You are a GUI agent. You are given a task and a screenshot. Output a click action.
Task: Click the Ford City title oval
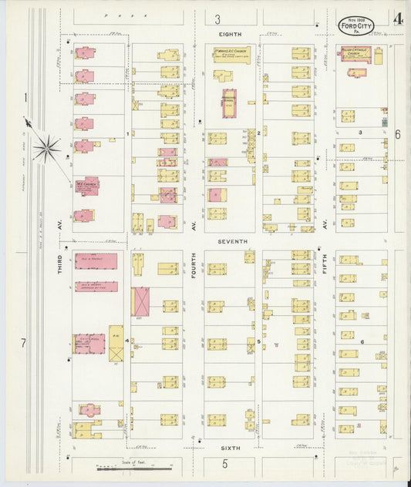click(354, 24)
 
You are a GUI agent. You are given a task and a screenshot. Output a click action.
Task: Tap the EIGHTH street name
click(230, 34)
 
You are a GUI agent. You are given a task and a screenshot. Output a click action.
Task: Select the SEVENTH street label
click(232, 241)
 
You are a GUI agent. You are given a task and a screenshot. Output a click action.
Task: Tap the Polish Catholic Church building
click(356, 53)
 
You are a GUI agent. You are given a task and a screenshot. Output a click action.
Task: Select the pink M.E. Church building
click(86, 186)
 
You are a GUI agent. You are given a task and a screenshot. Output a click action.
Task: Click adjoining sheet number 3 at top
click(218, 19)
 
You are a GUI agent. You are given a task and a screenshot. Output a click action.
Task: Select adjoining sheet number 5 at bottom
click(225, 464)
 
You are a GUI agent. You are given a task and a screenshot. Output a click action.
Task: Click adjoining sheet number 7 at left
click(24, 342)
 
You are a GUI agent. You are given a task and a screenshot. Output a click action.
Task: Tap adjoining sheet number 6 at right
click(398, 134)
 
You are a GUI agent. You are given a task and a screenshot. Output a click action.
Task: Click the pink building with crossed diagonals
click(141, 301)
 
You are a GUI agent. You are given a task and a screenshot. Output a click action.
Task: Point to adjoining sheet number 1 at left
click(25, 98)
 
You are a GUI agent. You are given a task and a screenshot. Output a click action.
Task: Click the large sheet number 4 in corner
click(396, 18)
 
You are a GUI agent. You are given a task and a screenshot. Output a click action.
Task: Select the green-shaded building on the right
click(383, 122)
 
